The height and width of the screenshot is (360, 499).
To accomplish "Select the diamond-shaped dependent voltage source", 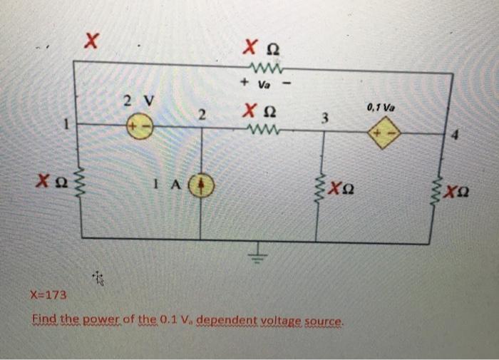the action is coord(383,133).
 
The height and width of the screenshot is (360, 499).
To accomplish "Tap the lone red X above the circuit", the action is coord(90,41).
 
